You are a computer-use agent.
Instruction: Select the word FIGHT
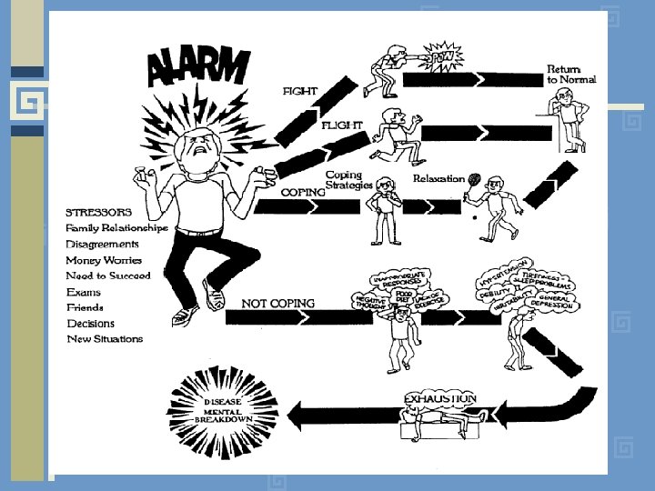pos(299,92)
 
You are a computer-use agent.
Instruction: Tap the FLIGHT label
pos(342,125)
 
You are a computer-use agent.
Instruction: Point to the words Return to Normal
pos(571,75)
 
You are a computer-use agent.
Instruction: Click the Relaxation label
pos(438,179)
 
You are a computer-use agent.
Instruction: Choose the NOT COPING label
pos(278,304)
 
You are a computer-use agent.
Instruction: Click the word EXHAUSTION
pos(440,398)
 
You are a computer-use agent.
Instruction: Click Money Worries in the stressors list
pos(104,260)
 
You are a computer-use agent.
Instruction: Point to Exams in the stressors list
pos(84,292)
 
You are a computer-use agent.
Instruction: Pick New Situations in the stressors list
pos(106,339)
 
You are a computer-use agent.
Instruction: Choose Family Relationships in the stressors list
pos(116,228)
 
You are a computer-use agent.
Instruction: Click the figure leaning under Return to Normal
pos(568,123)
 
